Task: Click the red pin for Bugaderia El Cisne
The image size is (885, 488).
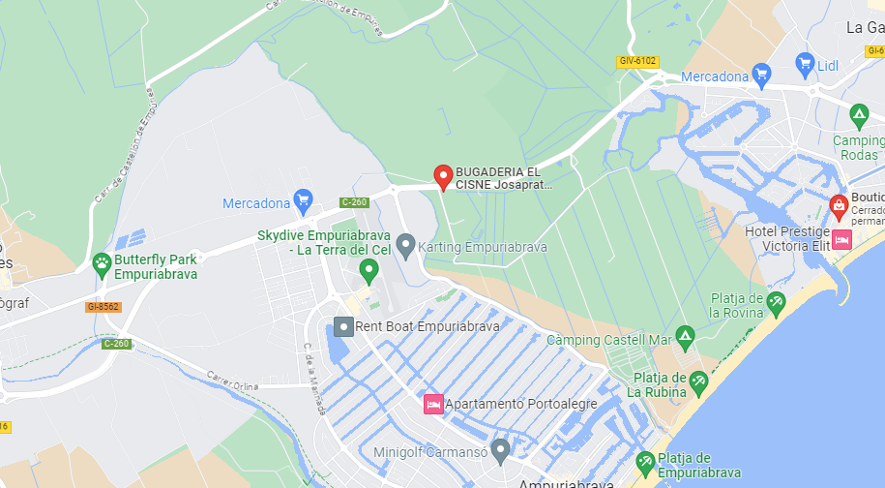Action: coord(443,176)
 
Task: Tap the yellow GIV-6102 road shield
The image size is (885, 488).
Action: coord(637,61)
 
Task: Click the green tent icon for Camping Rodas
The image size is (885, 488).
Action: coord(858,116)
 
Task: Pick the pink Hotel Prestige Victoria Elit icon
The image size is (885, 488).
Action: coord(841,239)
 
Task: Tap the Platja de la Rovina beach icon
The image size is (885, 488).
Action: coord(776,305)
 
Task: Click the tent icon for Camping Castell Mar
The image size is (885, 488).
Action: coord(685,338)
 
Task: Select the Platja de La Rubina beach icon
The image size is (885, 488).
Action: coord(700,384)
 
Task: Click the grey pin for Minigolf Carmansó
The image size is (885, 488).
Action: coord(500,449)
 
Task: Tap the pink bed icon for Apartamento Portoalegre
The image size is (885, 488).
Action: coord(432,403)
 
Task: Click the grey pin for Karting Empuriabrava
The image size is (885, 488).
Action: coord(406,246)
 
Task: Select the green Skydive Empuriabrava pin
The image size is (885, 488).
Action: coord(368,270)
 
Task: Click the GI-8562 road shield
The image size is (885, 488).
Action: coord(103,307)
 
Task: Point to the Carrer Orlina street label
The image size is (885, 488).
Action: coord(233,381)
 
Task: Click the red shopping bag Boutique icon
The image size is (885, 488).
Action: coord(839,205)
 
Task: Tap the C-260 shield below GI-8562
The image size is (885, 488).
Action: coord(116,343)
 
